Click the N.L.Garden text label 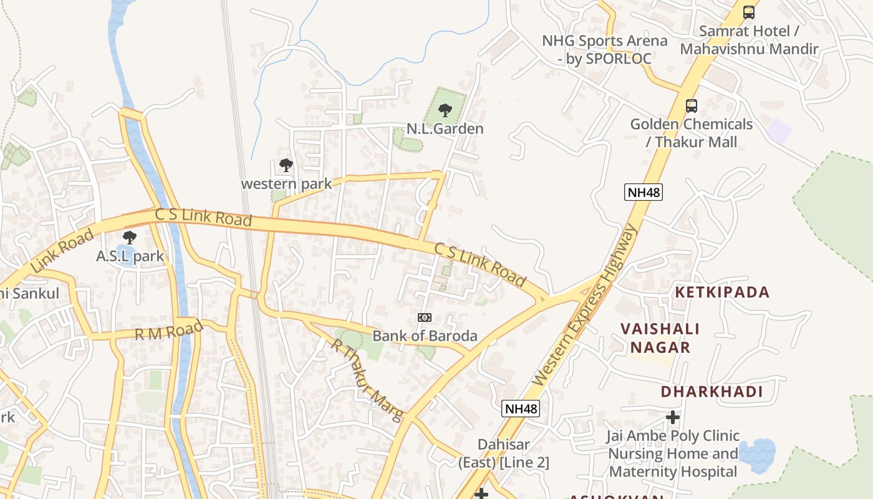point(445,129)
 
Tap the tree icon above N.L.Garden point(445,111)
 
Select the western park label point(286,184)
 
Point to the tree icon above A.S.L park point(130,238)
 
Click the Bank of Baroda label point(425,336)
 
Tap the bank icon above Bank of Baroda point(425,317)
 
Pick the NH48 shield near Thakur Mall point(643,192)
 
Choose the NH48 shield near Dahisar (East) point(520,409)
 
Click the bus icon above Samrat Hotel point(749,12)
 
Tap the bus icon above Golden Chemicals point(691,106)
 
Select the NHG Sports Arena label point(604,50)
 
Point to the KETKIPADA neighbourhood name point(723,293)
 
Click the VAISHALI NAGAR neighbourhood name point(660,338)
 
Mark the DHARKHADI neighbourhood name point(711,392)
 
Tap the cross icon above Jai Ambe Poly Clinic point(673,417)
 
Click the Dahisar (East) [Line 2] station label point(504,454)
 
